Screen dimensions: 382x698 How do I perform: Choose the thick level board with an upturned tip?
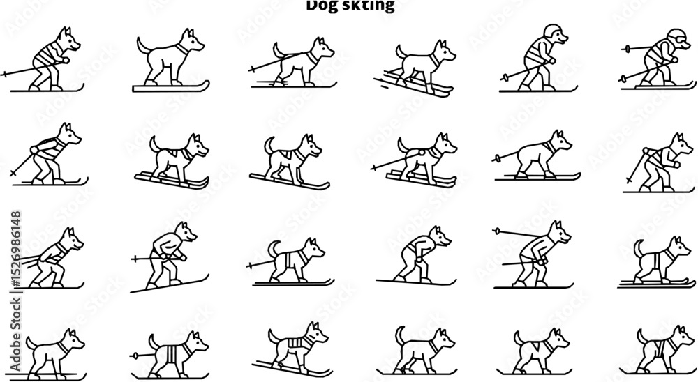171,86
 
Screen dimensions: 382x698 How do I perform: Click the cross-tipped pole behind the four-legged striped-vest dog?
249,266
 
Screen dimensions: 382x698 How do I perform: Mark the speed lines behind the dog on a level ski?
260,82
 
